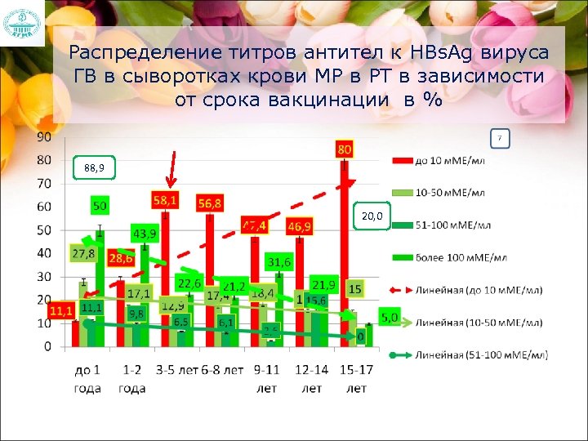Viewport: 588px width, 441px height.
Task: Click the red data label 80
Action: coord(345,150)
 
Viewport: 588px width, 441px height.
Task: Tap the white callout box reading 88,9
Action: coord(94,168)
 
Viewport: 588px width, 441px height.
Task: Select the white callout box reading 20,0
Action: coord(372,216)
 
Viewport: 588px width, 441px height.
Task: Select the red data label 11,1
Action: coord(60,310)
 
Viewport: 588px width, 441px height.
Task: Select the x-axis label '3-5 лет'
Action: coord(175,370)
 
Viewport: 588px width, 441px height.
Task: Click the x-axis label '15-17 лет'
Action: coord(356,379)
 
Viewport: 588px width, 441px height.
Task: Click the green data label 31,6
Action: coord(278,262)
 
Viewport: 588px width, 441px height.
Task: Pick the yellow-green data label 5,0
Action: coord(390,317)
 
